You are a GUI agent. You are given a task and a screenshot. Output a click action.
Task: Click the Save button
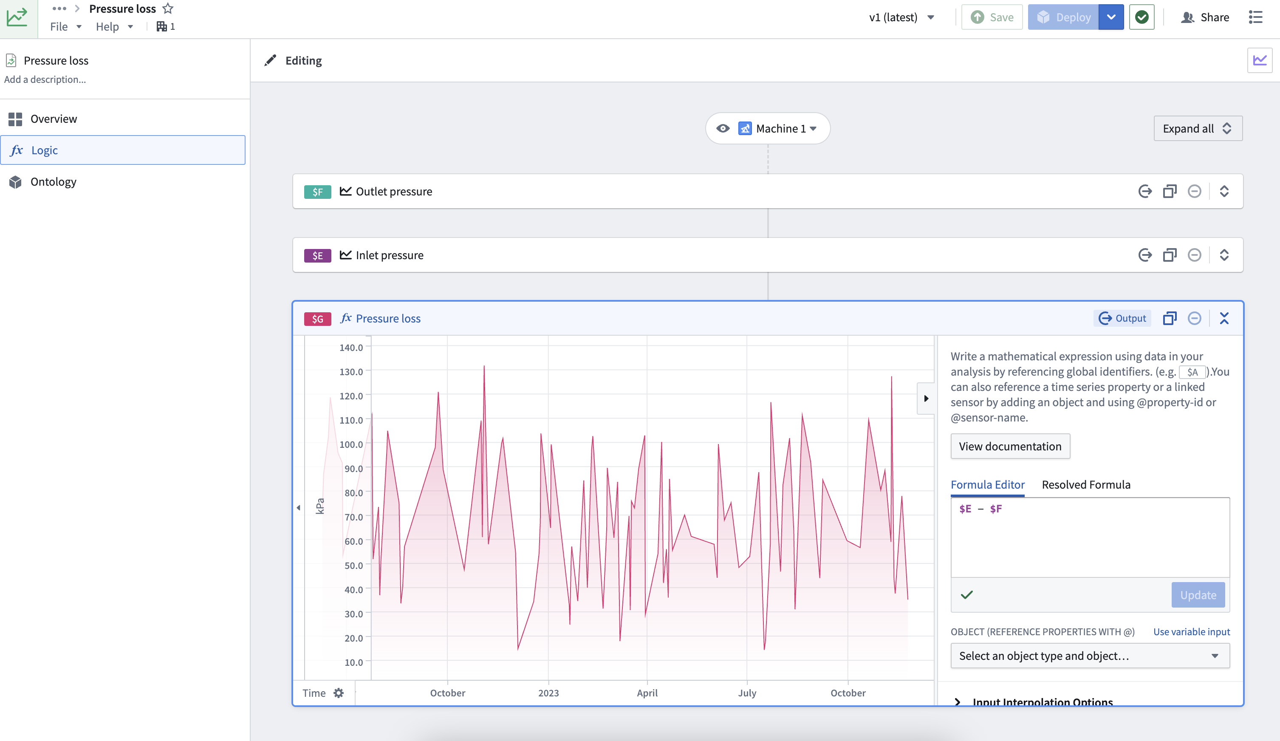[x=992, y=17]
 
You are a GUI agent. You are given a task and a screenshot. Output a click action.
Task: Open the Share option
[x=1205, y=17]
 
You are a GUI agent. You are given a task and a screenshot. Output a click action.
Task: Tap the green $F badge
[x=317, y=192]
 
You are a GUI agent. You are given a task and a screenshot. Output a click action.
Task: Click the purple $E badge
[x=317, y=255]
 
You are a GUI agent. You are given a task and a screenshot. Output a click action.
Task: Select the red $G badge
[x=317, y=318]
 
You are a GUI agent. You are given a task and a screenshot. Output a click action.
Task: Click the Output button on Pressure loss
[x=1122, y=318]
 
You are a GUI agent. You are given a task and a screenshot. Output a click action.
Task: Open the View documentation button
[x=1010, y=447]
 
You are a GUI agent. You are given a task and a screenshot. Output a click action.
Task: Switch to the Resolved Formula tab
[x=1086, y=484]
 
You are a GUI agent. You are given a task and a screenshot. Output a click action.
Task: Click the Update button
[x=1198, y=595]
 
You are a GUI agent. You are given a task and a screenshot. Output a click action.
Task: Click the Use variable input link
[x=1192, y=632]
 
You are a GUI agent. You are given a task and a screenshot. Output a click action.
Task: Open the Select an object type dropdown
[x=1090, y=656]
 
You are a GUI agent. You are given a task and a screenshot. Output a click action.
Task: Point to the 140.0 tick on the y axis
[x=351, y=348]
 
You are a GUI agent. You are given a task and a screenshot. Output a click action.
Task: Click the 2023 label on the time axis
[x=548, y=693]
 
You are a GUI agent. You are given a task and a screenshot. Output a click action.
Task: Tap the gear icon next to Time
[x=339, y=693]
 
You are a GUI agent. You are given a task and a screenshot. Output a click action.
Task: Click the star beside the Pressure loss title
[x=168, y=8]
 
